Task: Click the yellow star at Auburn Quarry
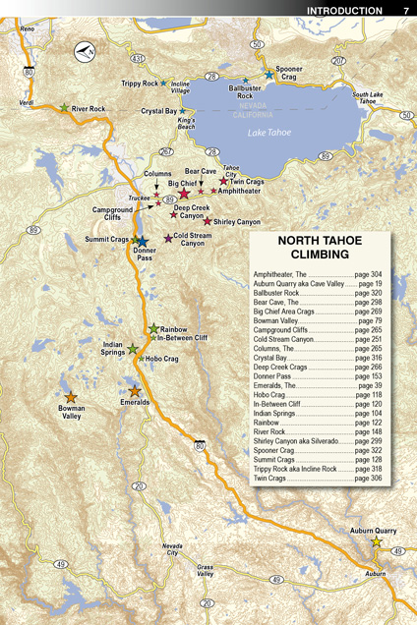(x=375, y=541)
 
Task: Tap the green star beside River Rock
(x=65, y=108)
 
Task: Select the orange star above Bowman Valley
(x=70, y=398)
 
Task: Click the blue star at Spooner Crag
(x=268, y=75)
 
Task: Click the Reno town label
(x=27, y=29)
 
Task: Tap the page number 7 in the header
(x=405, y=11)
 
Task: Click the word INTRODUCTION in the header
(x=344, y=11)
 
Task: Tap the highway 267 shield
(x=166, y=152)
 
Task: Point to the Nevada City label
(x=172, y=549)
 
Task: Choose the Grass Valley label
(x=205, y=571)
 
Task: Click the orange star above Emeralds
(x=135, y=391)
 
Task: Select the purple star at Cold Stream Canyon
(x=168, y=239)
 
